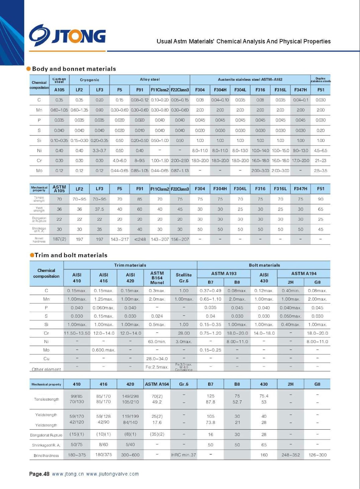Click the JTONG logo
pos(67,36)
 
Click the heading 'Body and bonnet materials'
pos(74,69)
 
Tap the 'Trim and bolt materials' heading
pos(71,255)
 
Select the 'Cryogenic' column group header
pos(89,80)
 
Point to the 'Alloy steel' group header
pos(150,79)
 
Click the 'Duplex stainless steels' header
pos(321,80)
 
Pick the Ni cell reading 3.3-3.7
pos(100,150)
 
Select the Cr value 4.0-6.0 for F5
pos(119,160)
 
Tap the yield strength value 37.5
pos(100,209)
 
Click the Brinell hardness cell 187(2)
pos(59,239)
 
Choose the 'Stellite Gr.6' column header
pos(184,278)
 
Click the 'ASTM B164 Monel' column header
pos(157,278)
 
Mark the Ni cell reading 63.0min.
pos(157,341)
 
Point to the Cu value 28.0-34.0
pos(157,358)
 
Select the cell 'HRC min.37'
pos(184,455)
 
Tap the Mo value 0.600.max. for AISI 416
pos(104,350)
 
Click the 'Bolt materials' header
pos(264,265)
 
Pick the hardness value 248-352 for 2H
pos(291,455)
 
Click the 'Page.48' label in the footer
pos(39,474)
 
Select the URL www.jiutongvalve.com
pos(112,474)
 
